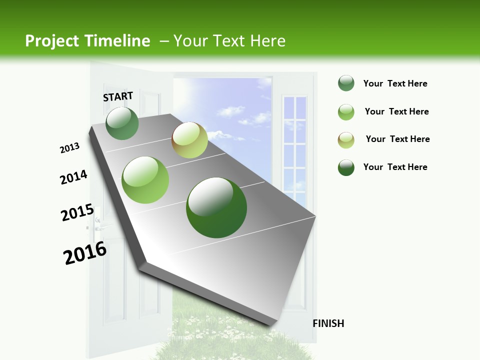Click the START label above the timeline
(x=118, y=96)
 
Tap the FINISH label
(x=328, y=323)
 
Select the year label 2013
(x=69, y=148)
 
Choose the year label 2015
(x=77, y=212)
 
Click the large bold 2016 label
(x=85, y=253)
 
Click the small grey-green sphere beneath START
(x=122, y=123)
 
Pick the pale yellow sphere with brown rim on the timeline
(x=189, y=140)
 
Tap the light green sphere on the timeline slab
(x=145, y=180)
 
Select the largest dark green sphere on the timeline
(x=216, y=207)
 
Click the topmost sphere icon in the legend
(x=346, y=83)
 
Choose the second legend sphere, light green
(x=346, y=112)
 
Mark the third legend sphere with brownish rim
(x=346, y=140)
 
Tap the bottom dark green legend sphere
(x=346, y=167)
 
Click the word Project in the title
(x=52, y=41)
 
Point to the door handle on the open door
(x=98, y=225)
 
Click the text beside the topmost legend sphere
(x=395, y=83)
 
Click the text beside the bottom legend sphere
(x=395, y=167)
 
